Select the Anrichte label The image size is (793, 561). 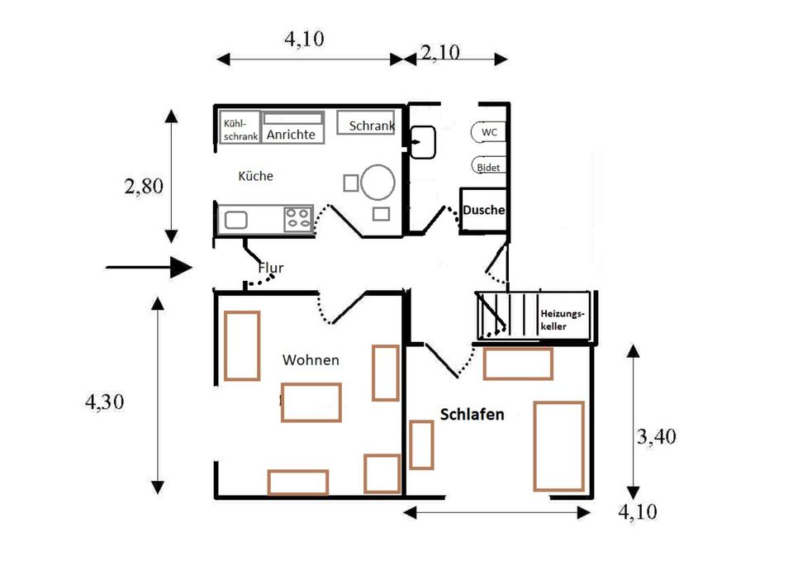[x=289, y=134]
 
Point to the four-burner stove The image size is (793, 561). [x=297, y=219]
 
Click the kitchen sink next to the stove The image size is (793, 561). [x=235, y=220]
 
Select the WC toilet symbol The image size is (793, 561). [x=488, y=132]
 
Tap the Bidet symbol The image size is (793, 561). [x=488, y=167]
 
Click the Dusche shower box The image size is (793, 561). [x=483, y=211]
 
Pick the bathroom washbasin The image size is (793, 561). [x=424, y=141]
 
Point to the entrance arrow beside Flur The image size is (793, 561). [x=149, y=267]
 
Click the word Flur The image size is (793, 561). [x=271, y=268]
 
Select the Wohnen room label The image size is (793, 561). [x=311, y=360]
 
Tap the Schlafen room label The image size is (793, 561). [x=472, y=415]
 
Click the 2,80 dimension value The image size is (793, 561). [x=144, y=186]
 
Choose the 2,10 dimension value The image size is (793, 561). [x=441, y=54]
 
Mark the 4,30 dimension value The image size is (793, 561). [x=105, y=402]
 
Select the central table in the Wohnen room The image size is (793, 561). [x=311, y=402]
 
